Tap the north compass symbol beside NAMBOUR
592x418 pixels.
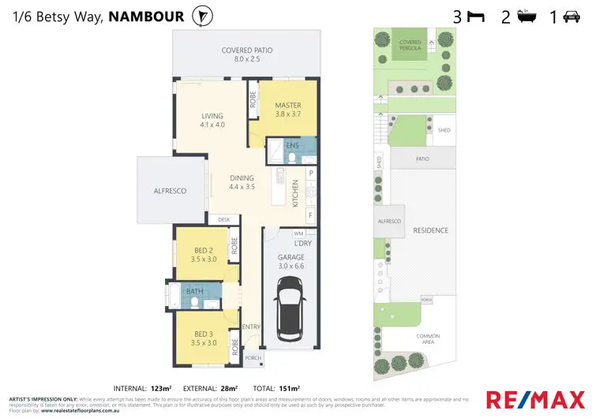point(203,15)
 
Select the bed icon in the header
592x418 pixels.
point(477,16)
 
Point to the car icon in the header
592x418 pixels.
point(571,16)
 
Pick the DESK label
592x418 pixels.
point(223,219)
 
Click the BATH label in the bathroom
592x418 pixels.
point(195,292)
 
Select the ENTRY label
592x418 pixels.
point(251,327)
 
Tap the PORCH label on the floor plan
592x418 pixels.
point(253,358)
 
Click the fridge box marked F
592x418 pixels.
point(311,215)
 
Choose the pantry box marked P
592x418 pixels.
point(311,173)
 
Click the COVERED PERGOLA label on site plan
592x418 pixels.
point(410,44)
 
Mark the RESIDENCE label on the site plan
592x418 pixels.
point(430,230)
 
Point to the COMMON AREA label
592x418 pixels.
point(429,340)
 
